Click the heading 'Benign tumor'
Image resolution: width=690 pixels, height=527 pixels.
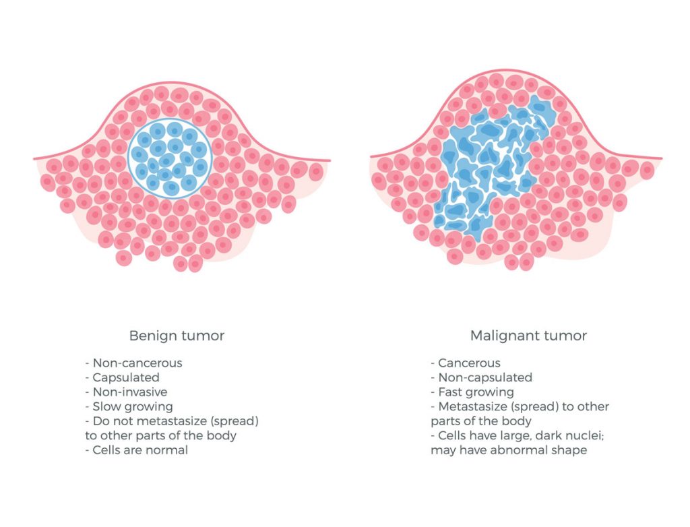177,336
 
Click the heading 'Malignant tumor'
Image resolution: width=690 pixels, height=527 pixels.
528,336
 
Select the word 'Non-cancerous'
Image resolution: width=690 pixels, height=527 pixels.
137,363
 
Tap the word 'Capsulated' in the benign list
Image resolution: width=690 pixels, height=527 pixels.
126,378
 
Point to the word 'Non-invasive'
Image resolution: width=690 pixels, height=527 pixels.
130,392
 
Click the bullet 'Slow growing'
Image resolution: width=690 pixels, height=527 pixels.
129,407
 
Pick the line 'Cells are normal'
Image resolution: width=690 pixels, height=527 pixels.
136,450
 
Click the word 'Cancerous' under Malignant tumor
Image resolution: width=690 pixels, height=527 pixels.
469,363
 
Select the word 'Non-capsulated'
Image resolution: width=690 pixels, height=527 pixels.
485,378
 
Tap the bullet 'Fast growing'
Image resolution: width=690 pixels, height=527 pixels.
472,392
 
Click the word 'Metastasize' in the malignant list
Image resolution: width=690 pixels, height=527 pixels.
473,407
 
